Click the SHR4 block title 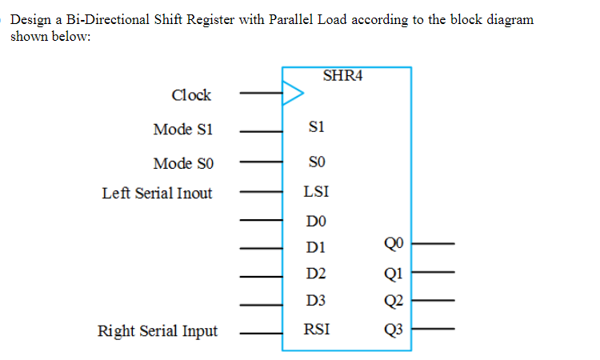click(x=345, y=77)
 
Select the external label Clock click(x=191, y=95)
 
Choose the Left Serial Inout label click(x=157, y=193)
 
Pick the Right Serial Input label click(x=157, y=330)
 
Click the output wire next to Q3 click(x=433, y=329)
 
